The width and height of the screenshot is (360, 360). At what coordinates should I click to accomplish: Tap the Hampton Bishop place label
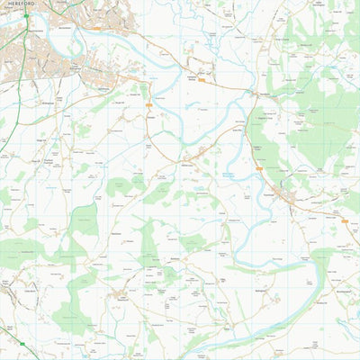[191, 76]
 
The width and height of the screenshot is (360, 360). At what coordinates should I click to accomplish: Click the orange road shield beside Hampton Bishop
[202, 81]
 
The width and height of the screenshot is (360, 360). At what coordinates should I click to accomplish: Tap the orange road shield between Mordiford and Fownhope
[258, 167]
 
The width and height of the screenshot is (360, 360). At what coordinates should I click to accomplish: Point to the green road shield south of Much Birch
[22, 344]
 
